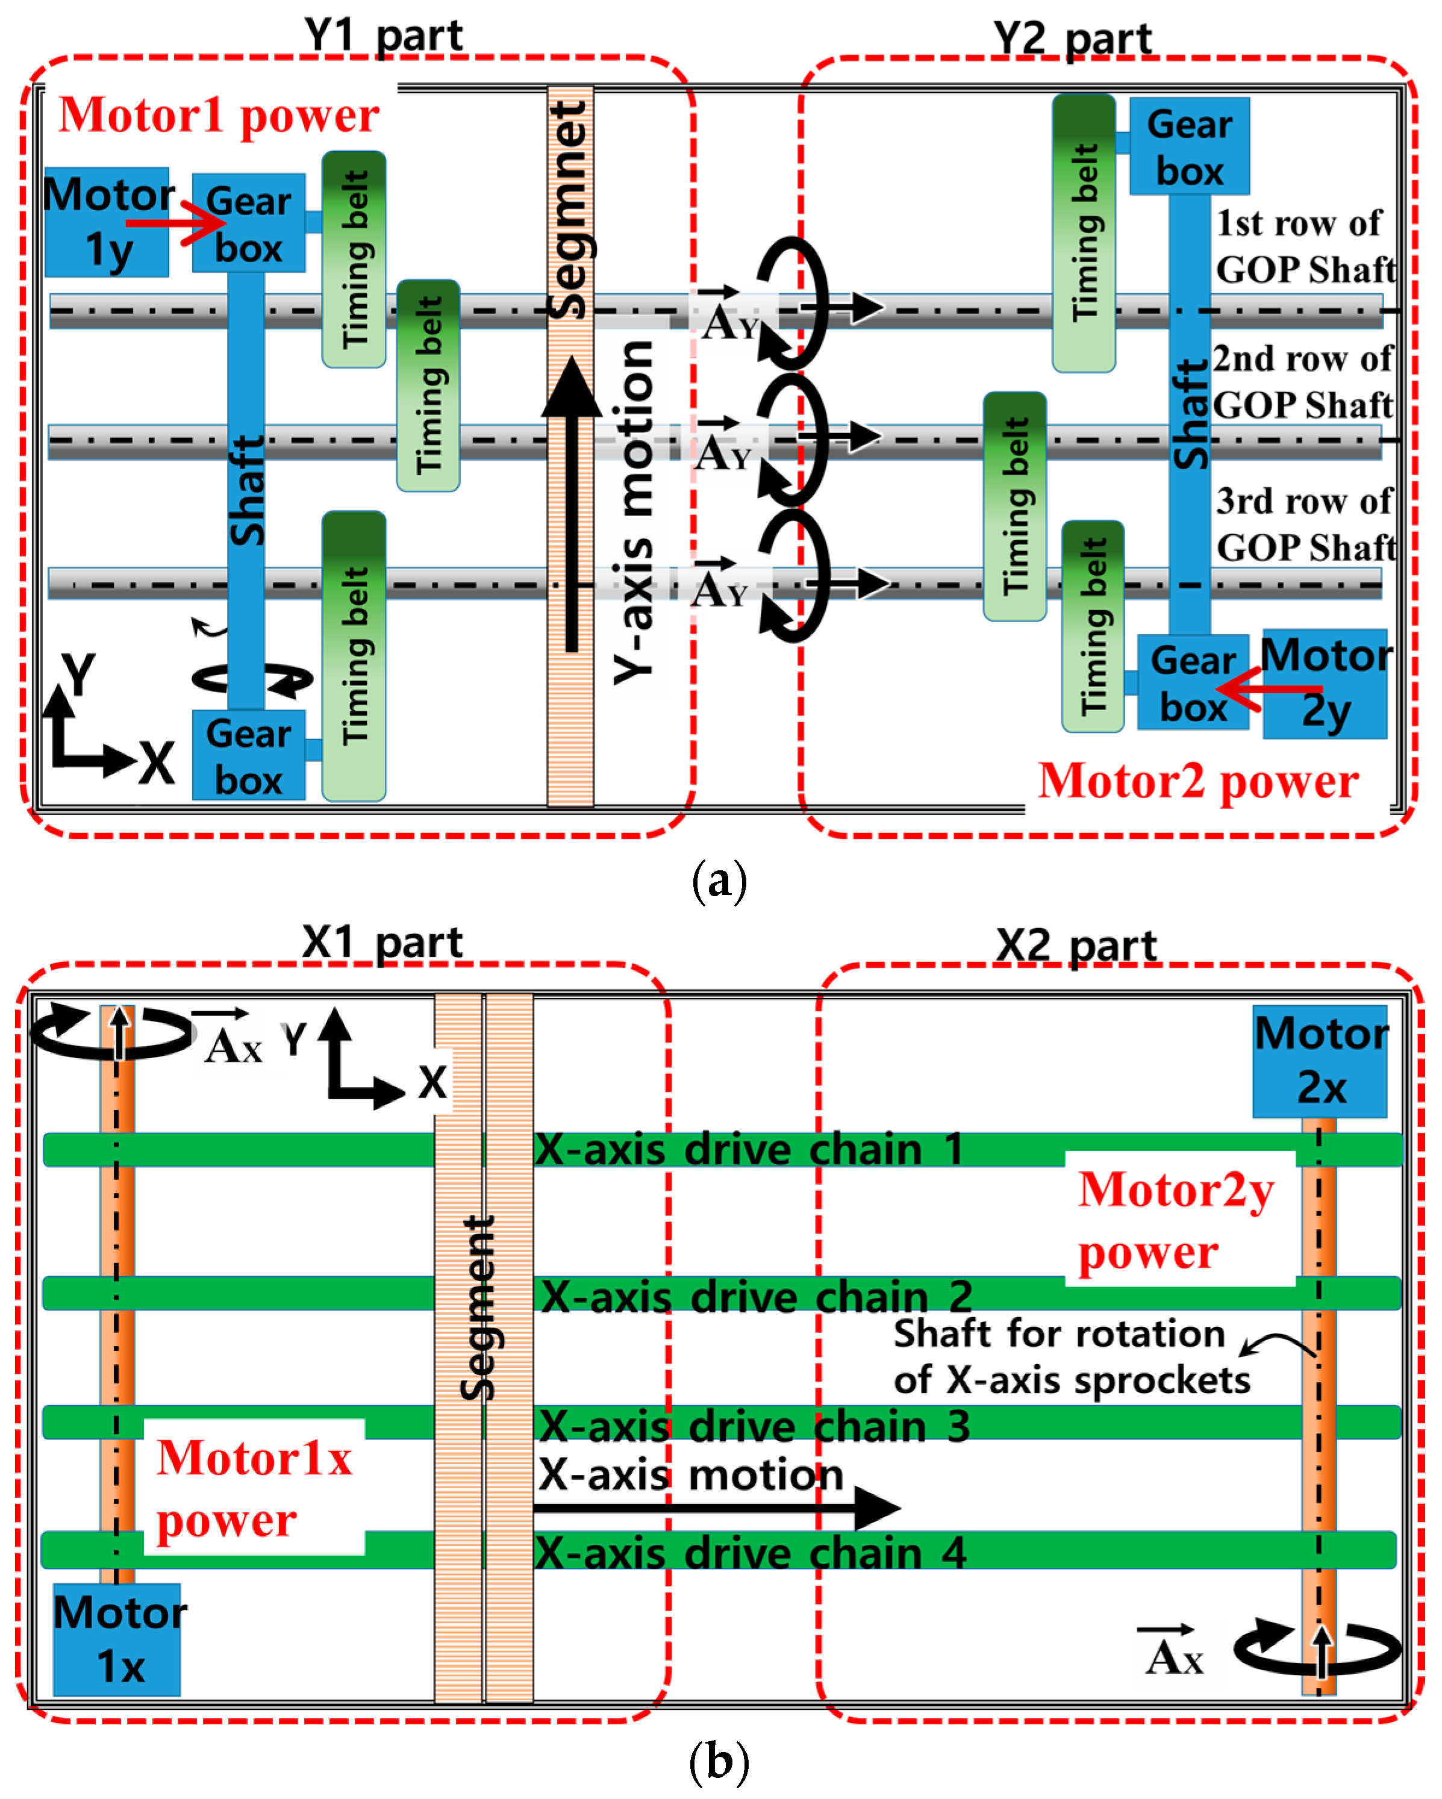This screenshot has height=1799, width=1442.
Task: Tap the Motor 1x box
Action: tap(116, 1639)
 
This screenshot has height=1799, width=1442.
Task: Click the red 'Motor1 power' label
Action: tap(219, 114)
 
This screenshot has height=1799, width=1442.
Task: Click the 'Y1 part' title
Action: tap(383, 35)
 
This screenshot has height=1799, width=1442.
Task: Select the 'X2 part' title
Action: tap(1076, 946)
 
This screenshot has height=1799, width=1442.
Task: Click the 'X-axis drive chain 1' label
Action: tap(749, 1149)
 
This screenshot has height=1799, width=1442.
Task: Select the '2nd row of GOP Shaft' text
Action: tap(1302, 381)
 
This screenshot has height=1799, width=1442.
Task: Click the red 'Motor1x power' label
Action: tap(254, 1488)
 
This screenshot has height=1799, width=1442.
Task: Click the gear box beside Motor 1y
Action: tap(249, 223)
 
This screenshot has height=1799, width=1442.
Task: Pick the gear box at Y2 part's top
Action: tap(1189, 146)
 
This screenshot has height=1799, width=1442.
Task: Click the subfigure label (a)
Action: tap(719, 881)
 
